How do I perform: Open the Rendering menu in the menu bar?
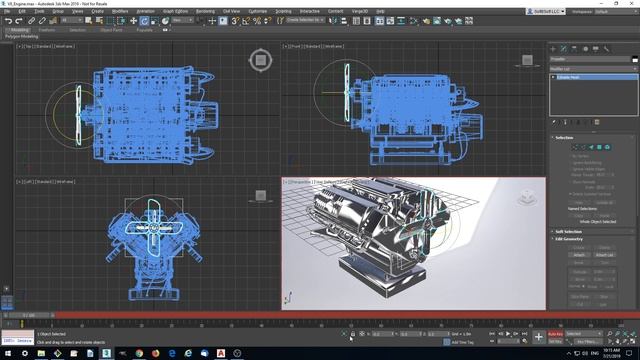point(205,11)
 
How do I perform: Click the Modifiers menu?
point(120,11)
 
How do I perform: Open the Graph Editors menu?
point(176,11)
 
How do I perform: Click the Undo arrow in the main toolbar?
point(7,20)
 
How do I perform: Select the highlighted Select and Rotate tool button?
point(143,20)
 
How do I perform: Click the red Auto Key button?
point(556,333)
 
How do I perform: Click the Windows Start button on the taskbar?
point(6,353)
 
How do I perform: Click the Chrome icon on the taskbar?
point(165,353)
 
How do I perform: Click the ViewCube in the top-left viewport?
point(260,62)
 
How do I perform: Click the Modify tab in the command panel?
point(564,48)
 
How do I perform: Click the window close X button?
point(632,3)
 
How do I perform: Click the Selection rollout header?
point(566,137)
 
